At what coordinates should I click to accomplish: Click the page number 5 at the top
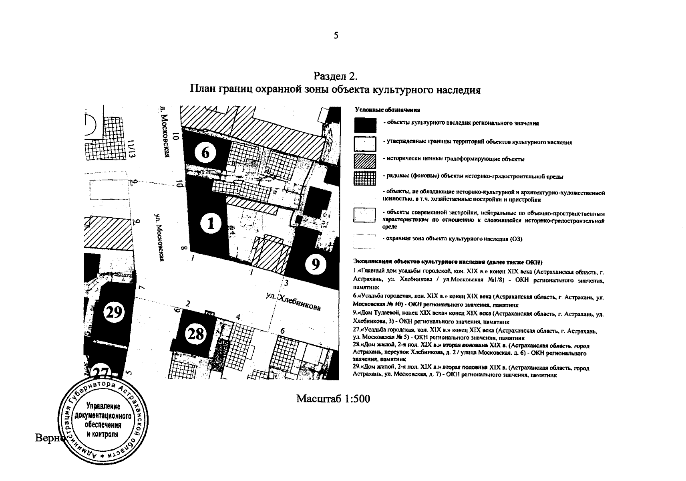point(336,36)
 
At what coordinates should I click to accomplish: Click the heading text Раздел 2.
point(335,76)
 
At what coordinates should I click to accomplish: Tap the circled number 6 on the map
point(205,153)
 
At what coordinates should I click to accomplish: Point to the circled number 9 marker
point(316,265)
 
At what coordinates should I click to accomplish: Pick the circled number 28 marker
point(196,334)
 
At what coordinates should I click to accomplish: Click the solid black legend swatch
point(365,124)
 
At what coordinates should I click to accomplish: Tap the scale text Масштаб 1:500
point(333,399)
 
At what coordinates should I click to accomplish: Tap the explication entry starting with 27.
point(475,334)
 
